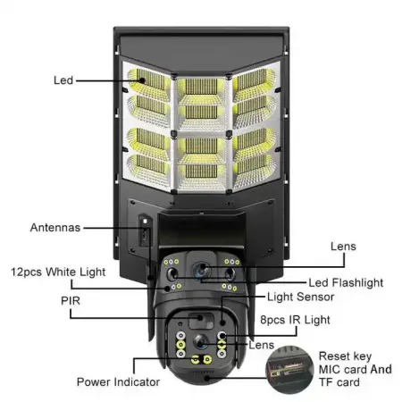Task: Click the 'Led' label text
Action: click(x=63, y=80)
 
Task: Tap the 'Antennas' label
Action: click(x=55, y=227)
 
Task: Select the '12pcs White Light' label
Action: click(x=58, y=271)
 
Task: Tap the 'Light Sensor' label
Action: click(x=302, y=296)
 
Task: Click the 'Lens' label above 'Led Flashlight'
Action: click(x=342, y=246)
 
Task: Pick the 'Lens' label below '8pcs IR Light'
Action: click(x=261, y=344)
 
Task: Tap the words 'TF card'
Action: click(x=339, y=383)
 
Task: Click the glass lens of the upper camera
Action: click(x=202, y=269)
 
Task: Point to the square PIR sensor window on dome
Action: click(x=195, y=321)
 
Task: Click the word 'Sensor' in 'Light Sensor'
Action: click(x=317, y=296)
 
